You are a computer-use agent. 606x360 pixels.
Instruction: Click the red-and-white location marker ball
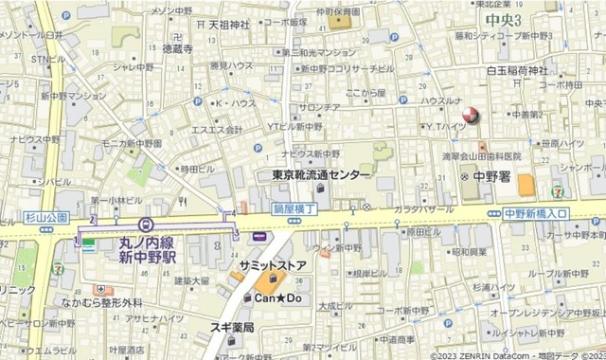472,117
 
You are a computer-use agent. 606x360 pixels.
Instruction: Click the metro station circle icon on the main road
145,225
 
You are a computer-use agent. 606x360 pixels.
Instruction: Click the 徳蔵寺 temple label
178,46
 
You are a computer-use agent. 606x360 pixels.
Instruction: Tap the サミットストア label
274,265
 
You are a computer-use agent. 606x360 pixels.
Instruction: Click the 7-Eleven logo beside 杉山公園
59,268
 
